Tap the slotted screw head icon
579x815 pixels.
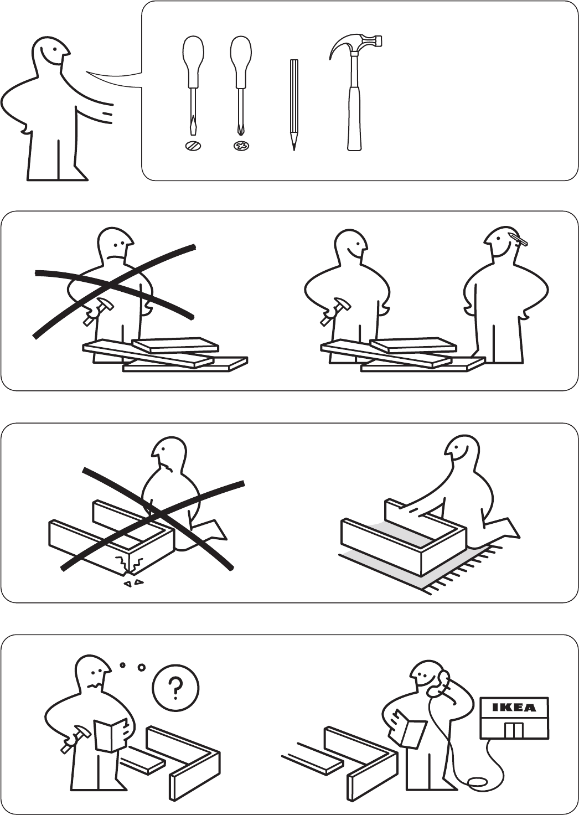pos(193,146)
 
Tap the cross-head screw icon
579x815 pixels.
pos(241,146)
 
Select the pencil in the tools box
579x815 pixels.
pos(294,105)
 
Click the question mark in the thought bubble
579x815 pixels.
pos(175,687)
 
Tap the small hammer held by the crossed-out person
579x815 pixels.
pos(95,310)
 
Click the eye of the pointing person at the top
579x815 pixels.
pos(55,49)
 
